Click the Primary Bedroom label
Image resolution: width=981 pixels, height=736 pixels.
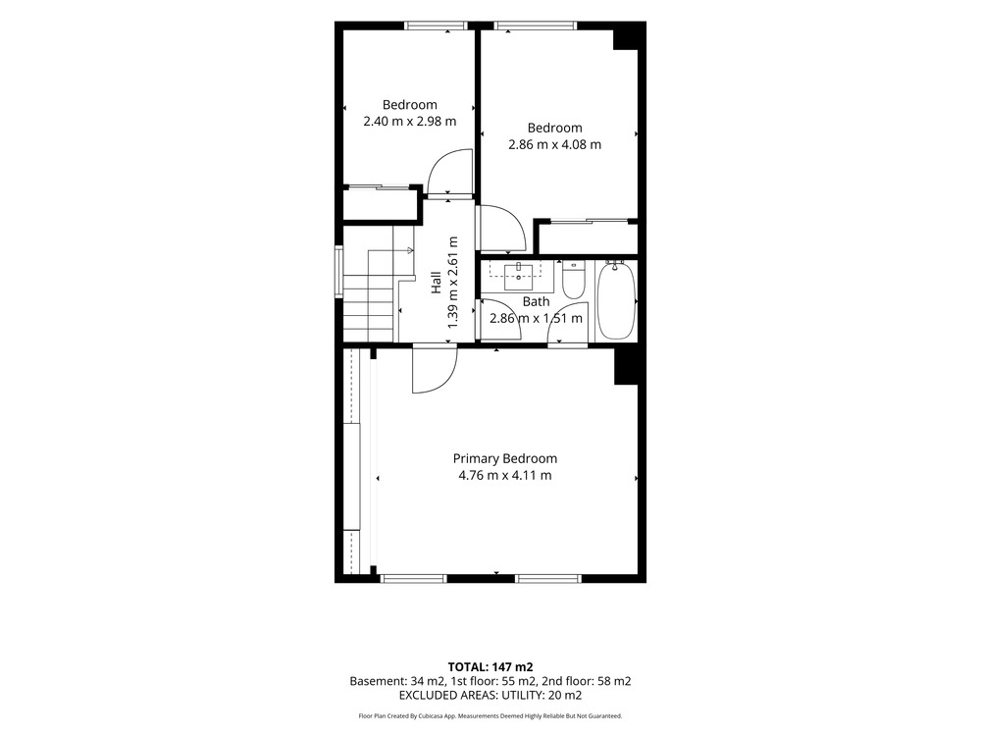(505, 458)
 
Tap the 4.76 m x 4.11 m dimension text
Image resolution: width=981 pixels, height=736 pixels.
(505, 476)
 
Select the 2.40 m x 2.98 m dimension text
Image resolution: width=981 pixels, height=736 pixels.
(410, 122)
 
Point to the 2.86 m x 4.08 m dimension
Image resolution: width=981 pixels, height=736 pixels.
(555, 144)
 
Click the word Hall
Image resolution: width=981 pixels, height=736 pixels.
(437, 282)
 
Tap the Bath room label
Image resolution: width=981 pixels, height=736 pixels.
(537, 301)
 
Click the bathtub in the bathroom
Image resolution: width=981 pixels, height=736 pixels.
(616, 301)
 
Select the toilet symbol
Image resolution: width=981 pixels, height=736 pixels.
(573, 279)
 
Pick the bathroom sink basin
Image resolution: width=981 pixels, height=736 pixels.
(519, 276)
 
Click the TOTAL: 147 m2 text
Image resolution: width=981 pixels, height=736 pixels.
(490, 667)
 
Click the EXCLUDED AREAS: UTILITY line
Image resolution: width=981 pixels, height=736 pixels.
(490, 696)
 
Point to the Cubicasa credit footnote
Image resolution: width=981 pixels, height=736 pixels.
(490, 716)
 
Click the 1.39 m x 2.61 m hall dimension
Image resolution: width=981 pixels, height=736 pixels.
(453, 283)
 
